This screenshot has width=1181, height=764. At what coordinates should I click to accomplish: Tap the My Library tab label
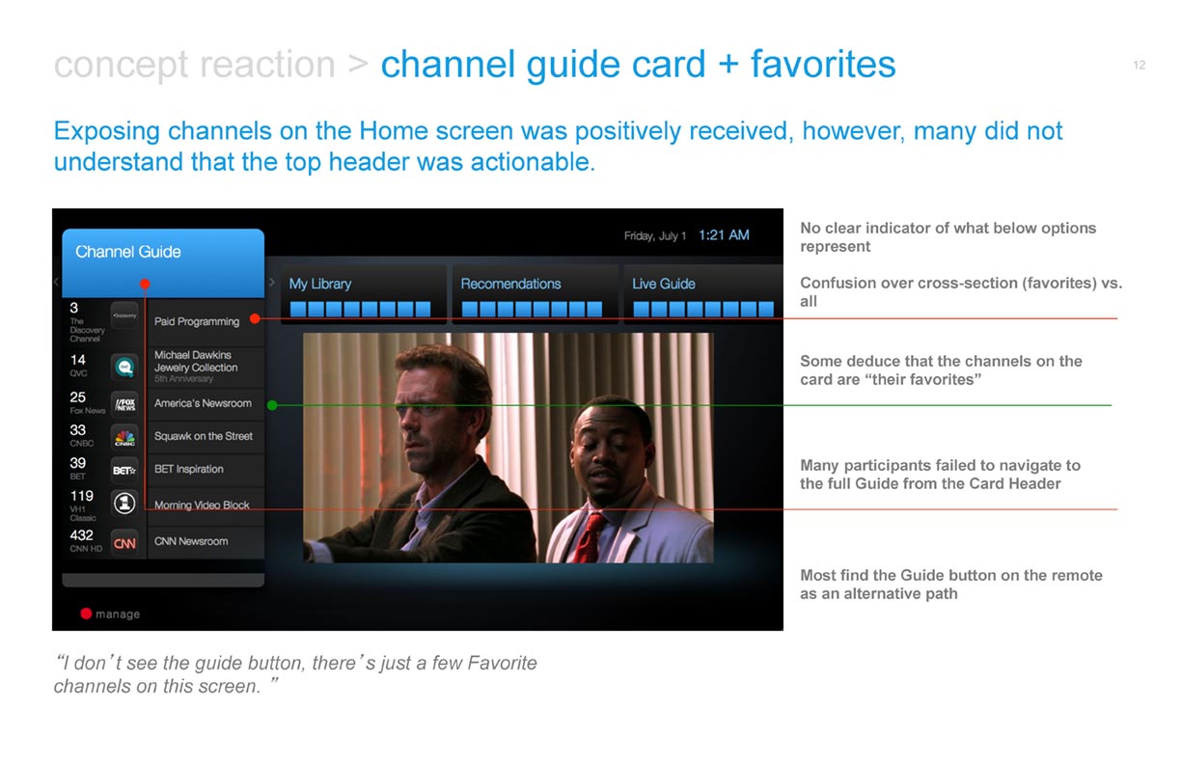click(x=319, y=284)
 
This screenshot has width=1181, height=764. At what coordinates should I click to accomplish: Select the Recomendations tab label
click(x=510, y=284)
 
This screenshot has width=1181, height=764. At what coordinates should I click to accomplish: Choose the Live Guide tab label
click(x=663, y=284)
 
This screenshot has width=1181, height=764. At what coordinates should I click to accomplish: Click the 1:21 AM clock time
click(x=724, y=235)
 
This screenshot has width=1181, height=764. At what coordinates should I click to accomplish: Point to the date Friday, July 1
click(x=655, y=235)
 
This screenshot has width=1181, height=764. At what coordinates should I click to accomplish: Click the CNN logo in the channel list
click(x=124, y=543)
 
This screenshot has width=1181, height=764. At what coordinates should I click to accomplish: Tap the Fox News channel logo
click(x=125, y=404)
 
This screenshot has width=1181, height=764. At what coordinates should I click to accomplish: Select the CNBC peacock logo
click(x=125, y=438)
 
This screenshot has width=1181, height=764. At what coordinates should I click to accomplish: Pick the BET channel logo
click(x=125, y=471)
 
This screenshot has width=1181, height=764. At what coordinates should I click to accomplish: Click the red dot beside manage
click(x=86, y=614)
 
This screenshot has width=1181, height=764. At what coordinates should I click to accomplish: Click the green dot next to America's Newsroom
click(x=272, y=405)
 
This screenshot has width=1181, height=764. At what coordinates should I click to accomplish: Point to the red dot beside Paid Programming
click(x=255, y=318)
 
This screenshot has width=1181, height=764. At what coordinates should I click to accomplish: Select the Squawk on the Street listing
click(x=203, y=436)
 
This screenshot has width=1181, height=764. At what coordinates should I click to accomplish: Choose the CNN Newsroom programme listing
click(x=191, y=541)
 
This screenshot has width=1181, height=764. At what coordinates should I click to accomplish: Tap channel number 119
click(x=81, y=496)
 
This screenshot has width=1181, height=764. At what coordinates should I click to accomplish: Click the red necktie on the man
click(x=588, y=539)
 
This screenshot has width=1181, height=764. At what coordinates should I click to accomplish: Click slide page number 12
click(x=1140, y=65)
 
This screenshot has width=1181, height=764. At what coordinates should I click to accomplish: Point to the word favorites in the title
click(x=823, y=65)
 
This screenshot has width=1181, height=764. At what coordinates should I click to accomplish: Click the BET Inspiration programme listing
click(x=189, y=469)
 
